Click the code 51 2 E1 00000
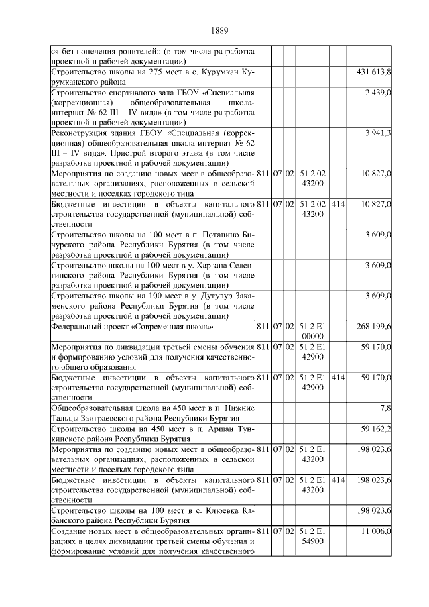coord(313,331)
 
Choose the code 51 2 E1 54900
coord(313,537)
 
